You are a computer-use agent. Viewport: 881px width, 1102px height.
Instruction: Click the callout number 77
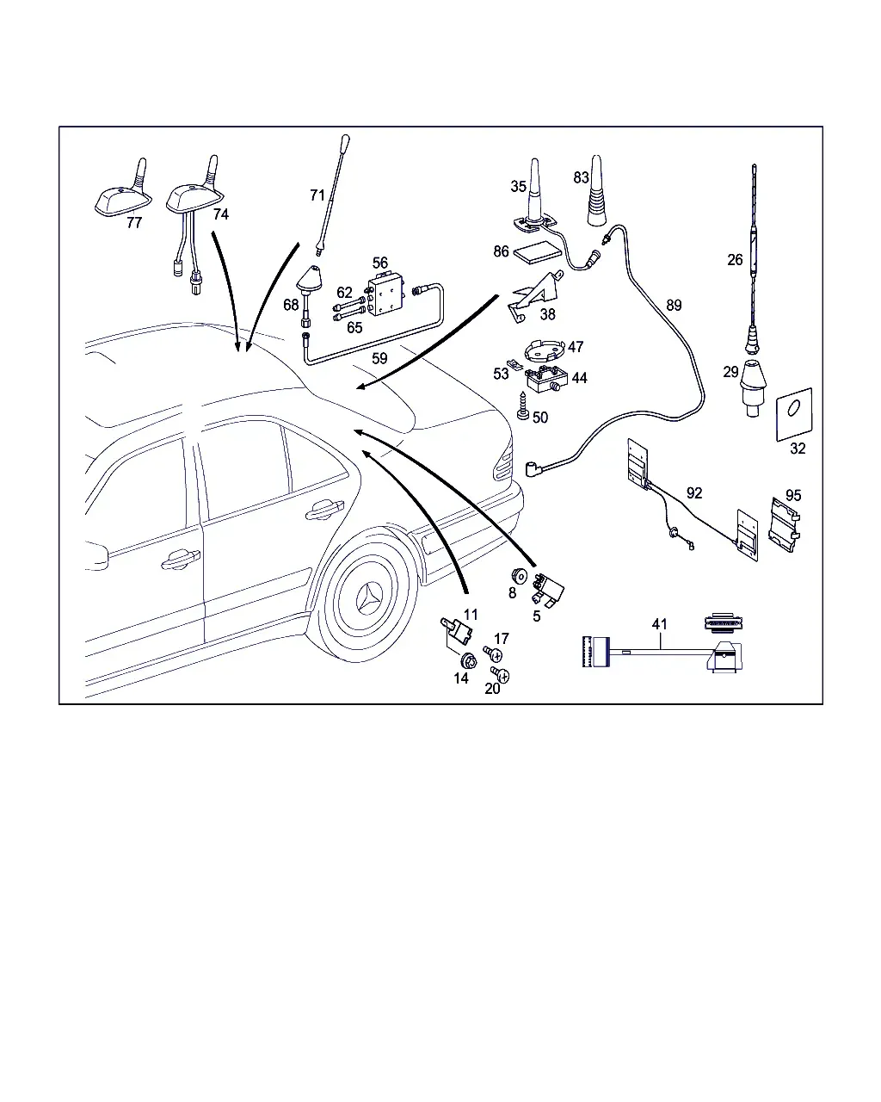click(x=134, y=222)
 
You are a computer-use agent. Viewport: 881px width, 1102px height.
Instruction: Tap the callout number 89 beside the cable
click(x=674, y=305)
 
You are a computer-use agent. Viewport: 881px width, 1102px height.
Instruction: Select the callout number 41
click(x=659, y=623)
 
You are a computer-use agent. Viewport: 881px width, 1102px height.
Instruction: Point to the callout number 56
click(x=379, y=263)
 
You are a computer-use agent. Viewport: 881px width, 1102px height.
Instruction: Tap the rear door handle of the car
click(x=324, y=510)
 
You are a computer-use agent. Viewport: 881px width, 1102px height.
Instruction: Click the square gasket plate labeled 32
click(x=794, y=414)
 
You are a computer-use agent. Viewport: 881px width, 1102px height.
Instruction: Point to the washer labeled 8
click(x=519, y=576)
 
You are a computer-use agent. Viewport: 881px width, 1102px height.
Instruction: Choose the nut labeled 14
click(x=469, y=660)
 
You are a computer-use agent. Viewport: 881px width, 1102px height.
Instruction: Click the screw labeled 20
click(x=500, y=674)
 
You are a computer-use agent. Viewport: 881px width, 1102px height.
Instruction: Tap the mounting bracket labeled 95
click(x=785, y=524)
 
